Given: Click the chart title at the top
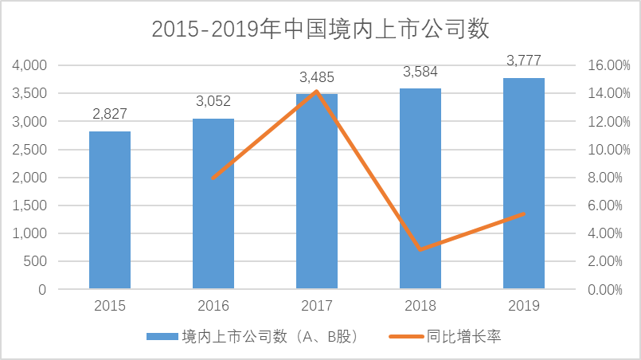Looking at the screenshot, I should point(320,29).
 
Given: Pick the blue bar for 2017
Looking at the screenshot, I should point(317,191).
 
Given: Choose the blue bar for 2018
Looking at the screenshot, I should point(420,188).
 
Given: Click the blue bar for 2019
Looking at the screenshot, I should point(524,183).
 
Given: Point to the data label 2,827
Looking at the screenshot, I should point(110,115).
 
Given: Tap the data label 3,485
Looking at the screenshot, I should point(317,77).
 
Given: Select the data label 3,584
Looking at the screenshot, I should point(420,72).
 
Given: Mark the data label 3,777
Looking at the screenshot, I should point(524,61).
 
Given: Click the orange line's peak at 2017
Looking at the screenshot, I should point(317,91).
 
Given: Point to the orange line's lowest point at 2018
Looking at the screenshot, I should point(420,249).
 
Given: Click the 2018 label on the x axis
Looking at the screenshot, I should point(420,306).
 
